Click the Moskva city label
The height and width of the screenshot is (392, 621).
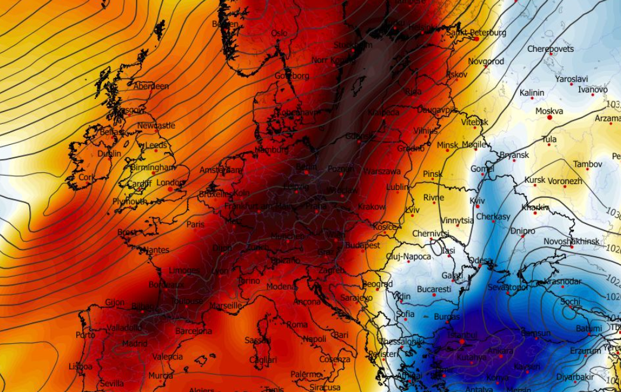tap(549, 111)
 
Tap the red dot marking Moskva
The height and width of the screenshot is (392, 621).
tap(549, 117)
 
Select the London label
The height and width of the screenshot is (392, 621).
tap(170, 182)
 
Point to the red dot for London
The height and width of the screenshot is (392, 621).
tap(170, 189)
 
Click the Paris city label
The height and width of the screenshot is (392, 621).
tap(195, 225)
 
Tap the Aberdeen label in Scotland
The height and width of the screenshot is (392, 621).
tap(151, 86)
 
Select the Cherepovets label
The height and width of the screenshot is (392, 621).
tap(550, 49)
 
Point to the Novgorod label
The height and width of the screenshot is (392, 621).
tap(486, 61)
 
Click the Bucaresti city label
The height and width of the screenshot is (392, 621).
tap(434, 290)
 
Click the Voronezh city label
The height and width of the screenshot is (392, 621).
tap(566, 181)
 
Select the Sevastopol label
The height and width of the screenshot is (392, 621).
tap(508, 287)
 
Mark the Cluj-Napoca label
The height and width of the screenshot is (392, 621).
tap(408, 257)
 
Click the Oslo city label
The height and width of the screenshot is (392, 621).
tap(279, 33)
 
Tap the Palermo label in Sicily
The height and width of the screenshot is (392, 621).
tap(306, 374)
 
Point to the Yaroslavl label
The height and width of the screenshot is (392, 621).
tap(572, 79)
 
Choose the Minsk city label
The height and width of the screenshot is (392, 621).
tap(448, 145)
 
